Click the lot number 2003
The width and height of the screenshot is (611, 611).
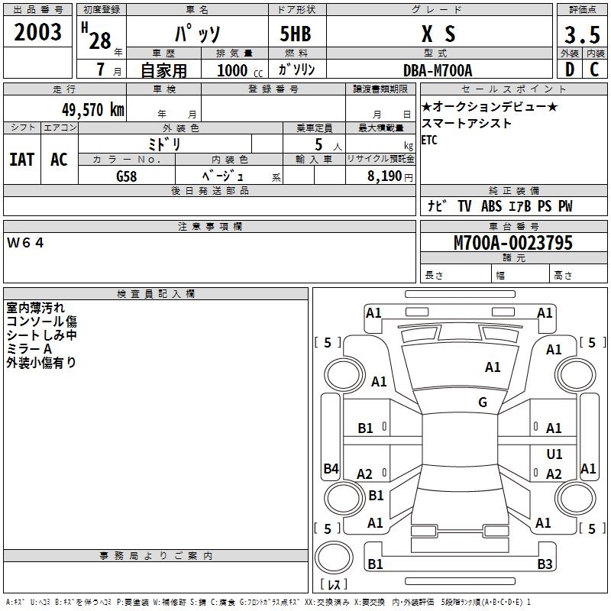click(x=37, y=32)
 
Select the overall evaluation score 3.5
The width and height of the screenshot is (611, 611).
click(x=581, y=35)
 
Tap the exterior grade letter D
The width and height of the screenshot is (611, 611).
click(x=569, y=70)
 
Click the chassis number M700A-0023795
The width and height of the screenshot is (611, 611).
click(x=513, y=243)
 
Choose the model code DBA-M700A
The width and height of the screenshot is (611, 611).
click(x=438, y=70)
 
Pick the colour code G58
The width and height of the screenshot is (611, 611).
click(x=126, y=176)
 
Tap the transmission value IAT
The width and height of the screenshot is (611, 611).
click(x=21, y=160)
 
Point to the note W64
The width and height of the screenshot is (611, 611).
click(x=26, y=243)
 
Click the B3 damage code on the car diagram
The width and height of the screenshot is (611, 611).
click(x=545, y=564)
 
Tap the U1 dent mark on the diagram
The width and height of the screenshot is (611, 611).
click(x=554, y=454)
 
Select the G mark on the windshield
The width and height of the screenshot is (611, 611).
click(x=483, y=402)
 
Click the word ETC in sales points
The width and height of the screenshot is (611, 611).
click(x=429, y=141)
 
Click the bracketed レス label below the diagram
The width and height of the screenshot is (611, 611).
click(x=333, y=584)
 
